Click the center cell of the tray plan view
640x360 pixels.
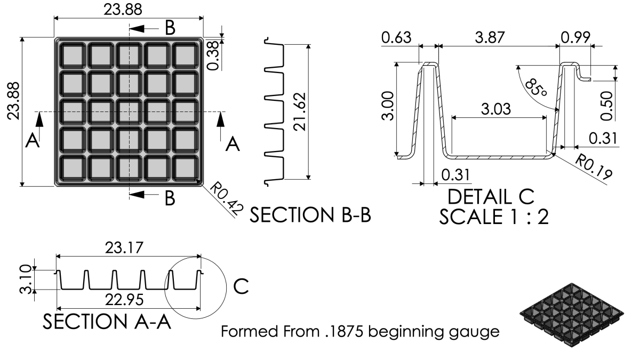129,111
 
